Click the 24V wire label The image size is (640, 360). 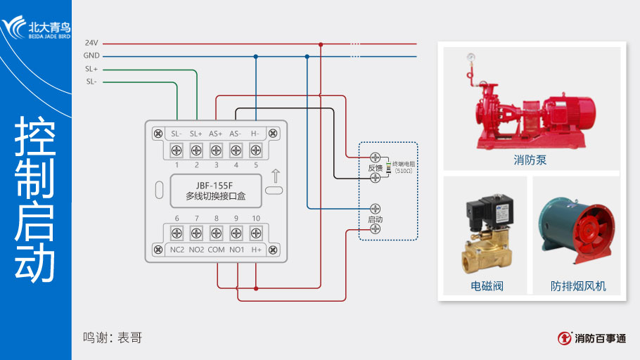(x=91, y=43)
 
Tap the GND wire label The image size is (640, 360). (x=91, y=56)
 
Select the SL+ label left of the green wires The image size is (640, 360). (x=91, y=69)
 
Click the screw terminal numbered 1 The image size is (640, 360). (x=177, y=149)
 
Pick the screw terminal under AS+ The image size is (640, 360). (x=216, y=149)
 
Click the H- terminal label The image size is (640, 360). (x=255, y=133)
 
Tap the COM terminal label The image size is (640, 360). (x=216, y=250)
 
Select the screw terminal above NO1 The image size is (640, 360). (x=236, y=233)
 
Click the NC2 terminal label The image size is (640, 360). (x=177, y=250)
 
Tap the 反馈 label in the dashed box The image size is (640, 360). (x=375, y=168)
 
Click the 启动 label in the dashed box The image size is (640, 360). (x=375, y=219)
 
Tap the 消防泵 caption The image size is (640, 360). (x=530, y=160)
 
